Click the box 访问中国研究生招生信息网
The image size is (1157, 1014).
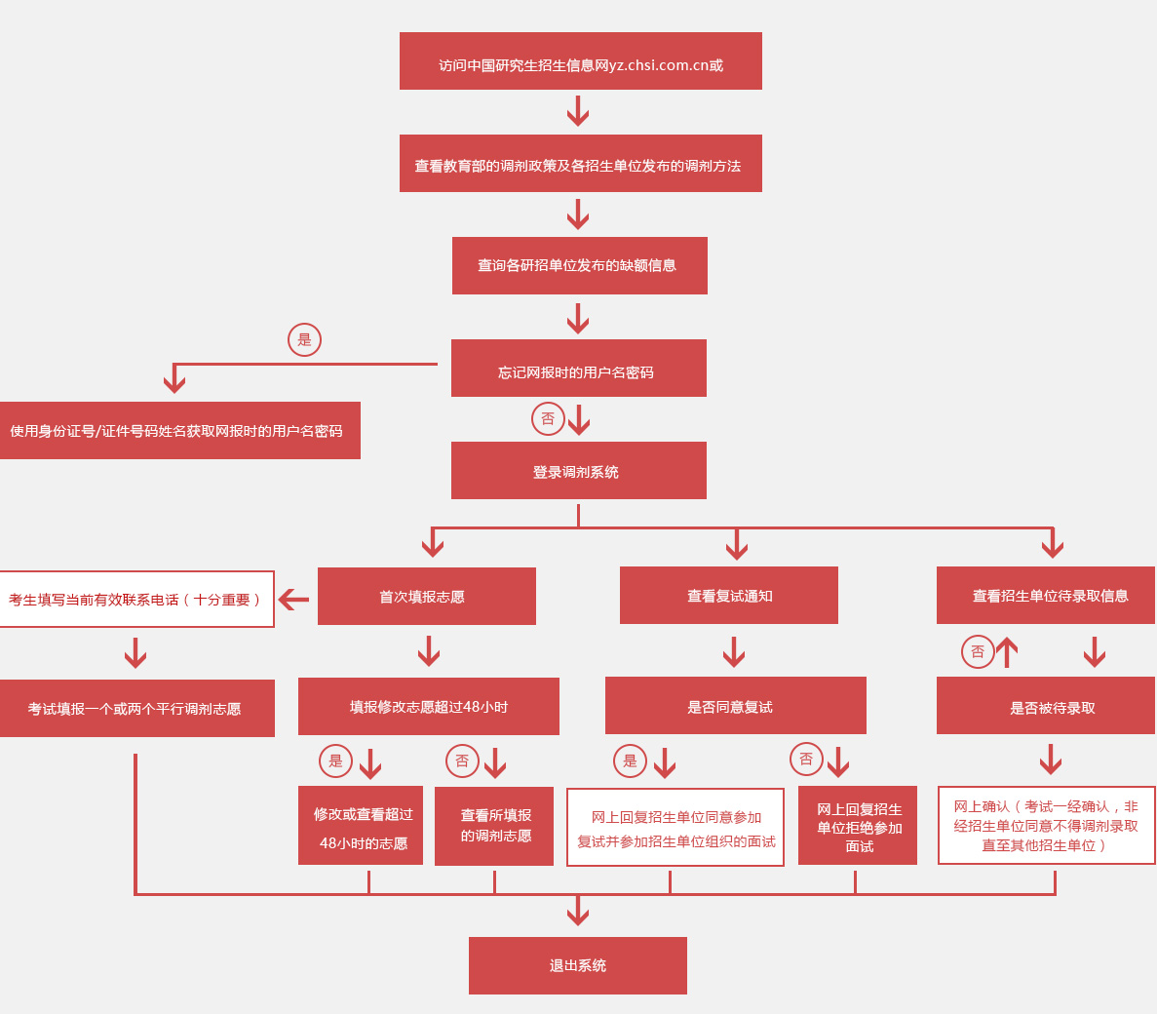(x=580, y=61)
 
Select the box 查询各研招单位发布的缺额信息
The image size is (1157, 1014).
(x=579, y=265)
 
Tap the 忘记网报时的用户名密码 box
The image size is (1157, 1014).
(x=578, y=369)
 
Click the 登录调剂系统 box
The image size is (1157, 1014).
(x=578, y=471)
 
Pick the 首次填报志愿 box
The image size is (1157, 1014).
(x=426, y=596)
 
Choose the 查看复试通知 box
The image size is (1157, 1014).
(x=728, y=595)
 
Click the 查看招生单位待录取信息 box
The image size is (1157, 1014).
(x=1045, y=595)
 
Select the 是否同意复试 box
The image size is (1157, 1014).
(x=735, y=706)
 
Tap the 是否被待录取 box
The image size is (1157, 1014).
(x=1045, y=706)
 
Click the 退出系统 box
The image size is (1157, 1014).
(x=577, y=965)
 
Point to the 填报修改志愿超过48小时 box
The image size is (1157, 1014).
(x=428, y=706)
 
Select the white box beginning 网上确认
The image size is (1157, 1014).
(x=1046, y=826)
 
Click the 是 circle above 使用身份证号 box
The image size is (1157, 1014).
(x=304, y=339)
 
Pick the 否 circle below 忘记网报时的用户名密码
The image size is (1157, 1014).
(x=548, y=418)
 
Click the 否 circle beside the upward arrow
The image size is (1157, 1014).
(x=978, y=651)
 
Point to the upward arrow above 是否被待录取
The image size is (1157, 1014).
(x=1007, y=652)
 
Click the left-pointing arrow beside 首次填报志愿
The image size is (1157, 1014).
(x=293, y=599)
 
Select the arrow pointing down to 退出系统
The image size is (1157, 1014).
(x=578, y=911)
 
